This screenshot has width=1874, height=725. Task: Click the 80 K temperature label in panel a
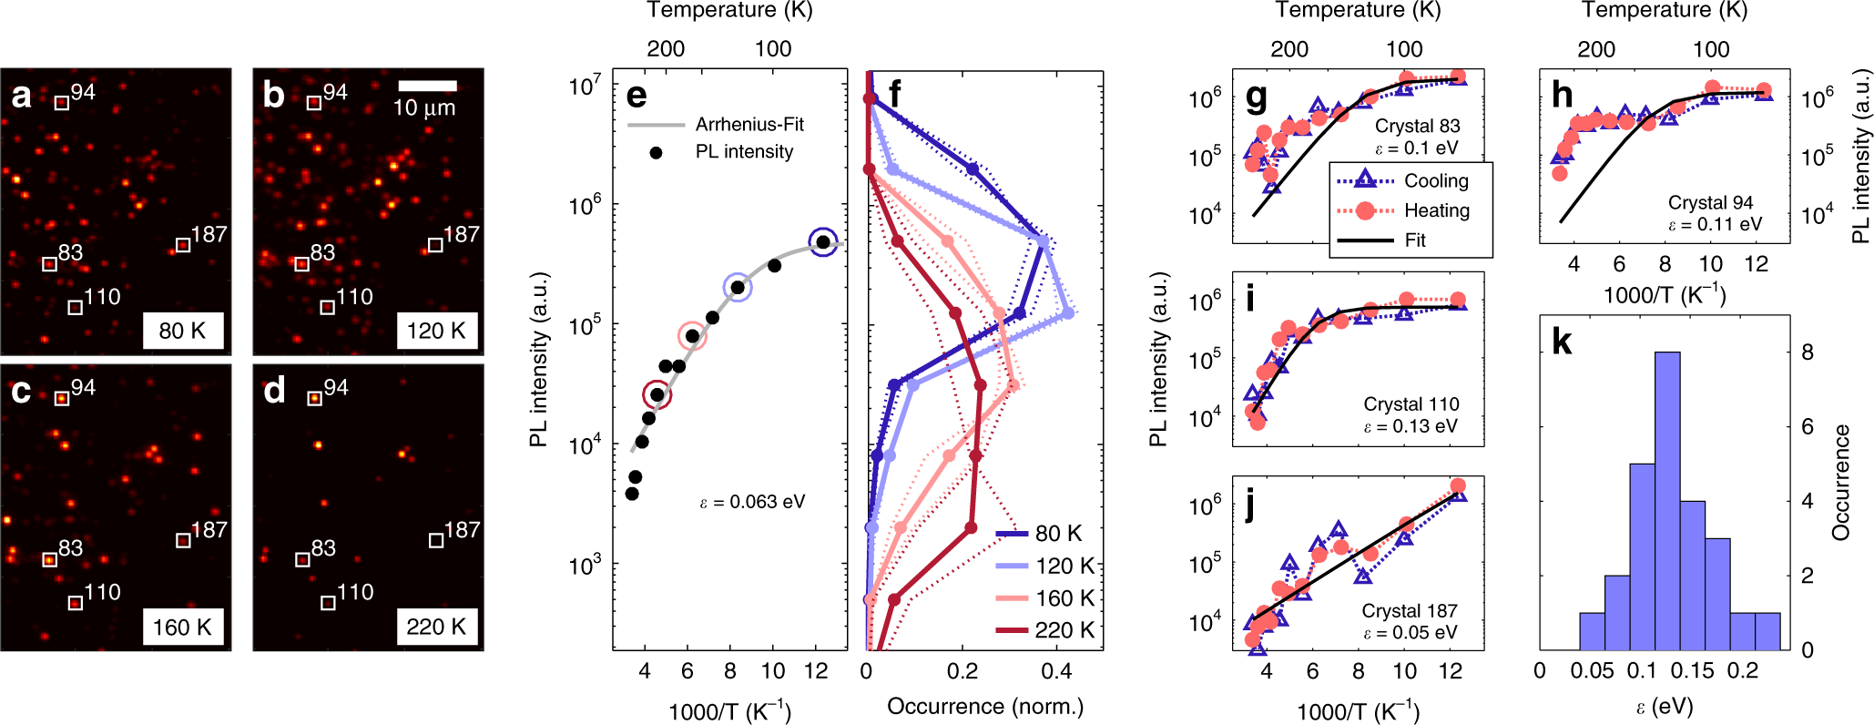coord(182,331)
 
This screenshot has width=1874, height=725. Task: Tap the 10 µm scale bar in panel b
coord(428,86)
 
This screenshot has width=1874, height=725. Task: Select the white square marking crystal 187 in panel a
coord(183,245)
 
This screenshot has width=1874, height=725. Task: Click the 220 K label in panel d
coord(436,627)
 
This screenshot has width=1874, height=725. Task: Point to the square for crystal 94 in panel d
coord(314,398)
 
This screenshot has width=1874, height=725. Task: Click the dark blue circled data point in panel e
coord(823,242)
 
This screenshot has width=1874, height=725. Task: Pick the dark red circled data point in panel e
coord(657,394)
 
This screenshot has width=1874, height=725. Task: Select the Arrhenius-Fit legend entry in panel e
coord(716,124)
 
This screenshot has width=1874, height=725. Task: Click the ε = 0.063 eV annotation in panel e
coord(752,502)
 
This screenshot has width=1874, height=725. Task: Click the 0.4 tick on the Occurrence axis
coord(1056,672)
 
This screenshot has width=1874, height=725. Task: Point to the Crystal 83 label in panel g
coord(1417,126)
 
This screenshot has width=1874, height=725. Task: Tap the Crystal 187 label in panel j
coord(1410,610)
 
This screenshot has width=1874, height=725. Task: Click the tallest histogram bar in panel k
coord(1667,501)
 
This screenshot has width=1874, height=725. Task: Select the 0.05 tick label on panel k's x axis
coord(1592,671)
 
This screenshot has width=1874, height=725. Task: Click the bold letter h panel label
coord(1563,95)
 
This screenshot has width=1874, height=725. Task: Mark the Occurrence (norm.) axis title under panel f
coord(985,707)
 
